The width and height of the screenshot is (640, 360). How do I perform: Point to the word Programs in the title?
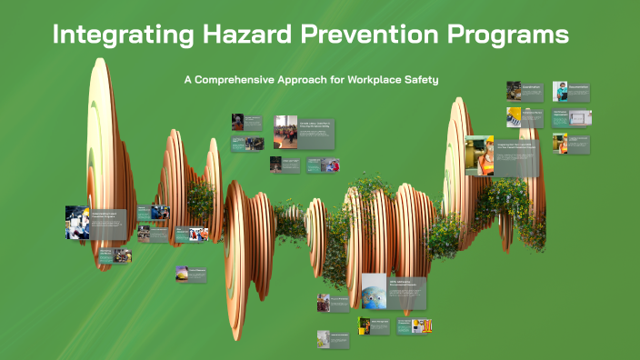pyautogui.click(x=506, y=36)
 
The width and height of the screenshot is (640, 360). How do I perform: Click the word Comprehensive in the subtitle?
pyautogui.click(x=240, y=80)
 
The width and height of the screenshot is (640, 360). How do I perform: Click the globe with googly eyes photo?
pyautogui.click(x=374, y=290)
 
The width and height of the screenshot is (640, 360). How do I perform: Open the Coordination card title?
pyautogui.click(x=532, y=87)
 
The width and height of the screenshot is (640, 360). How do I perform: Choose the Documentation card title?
pyautogui.click(x=578, y=87)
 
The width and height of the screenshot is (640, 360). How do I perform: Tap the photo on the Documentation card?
pyautogui.click(x=560, y=91)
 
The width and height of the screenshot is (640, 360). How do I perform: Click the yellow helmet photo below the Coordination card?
pyautogui.click(x=514, y=116)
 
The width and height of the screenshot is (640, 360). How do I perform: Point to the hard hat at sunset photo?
pyautogui.click(x=183, y=274)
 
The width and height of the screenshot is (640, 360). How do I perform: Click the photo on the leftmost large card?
pyautogui.click(x=77, y=222)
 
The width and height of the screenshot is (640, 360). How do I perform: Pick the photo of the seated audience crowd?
pyautogui.click(x=285, y=131)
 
